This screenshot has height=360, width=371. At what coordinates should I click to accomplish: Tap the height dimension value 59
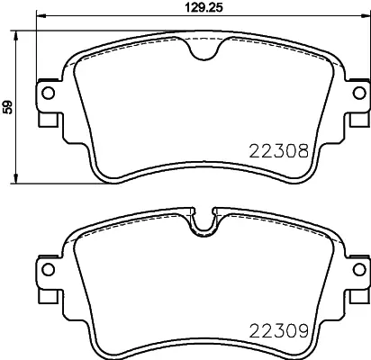[x=8, y=106]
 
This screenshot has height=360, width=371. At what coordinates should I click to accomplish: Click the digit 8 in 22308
[x=306, y=154]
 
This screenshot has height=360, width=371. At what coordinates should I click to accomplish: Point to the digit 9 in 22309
[x=306, y=331]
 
